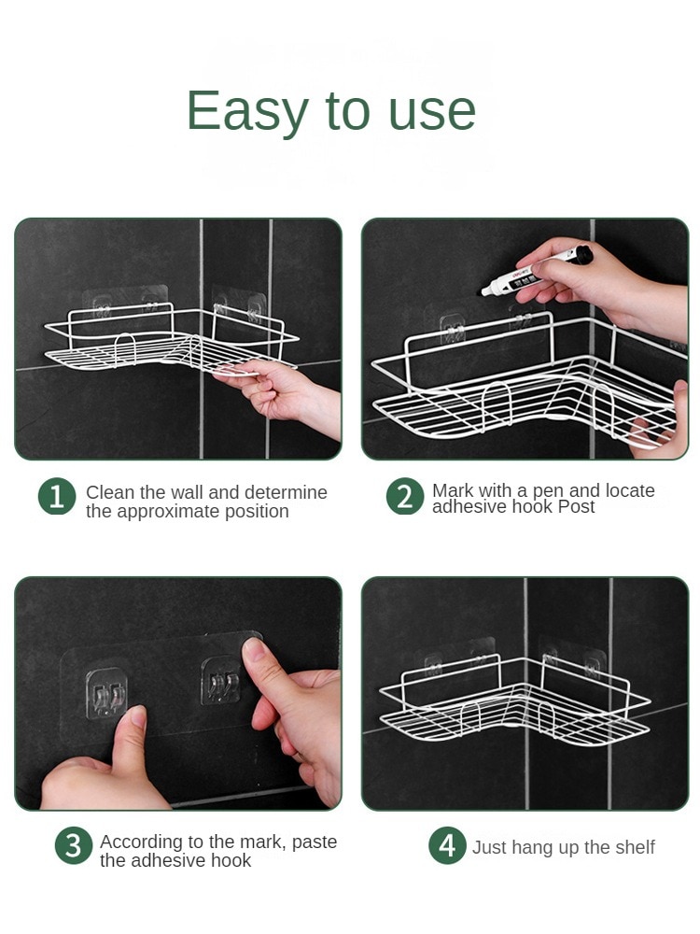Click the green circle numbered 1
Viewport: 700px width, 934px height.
pos(57,497)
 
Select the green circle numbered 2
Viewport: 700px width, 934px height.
pos(405,497)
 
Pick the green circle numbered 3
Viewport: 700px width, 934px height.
pos(74,845)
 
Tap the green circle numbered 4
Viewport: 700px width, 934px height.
pos(448,845)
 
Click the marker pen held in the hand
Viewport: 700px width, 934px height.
pos(537,271)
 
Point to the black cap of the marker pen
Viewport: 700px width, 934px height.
pos(582,255)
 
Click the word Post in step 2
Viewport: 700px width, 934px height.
pos(576,507)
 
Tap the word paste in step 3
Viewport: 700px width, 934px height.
pos(315,842)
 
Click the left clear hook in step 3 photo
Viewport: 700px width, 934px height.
pos(106,693)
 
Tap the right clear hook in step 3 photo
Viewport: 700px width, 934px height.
pos(221,681)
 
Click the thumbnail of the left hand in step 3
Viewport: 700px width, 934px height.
pos(137,715)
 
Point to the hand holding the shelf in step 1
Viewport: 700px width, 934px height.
pos(280,393)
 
